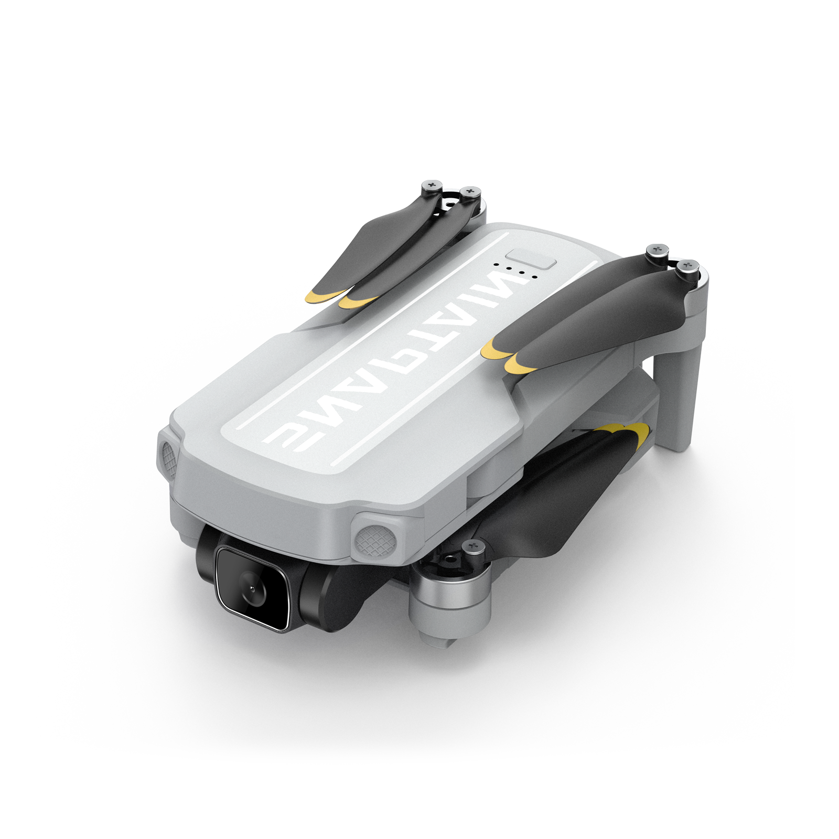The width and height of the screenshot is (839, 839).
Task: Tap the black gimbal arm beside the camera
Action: tap(336, 598)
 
